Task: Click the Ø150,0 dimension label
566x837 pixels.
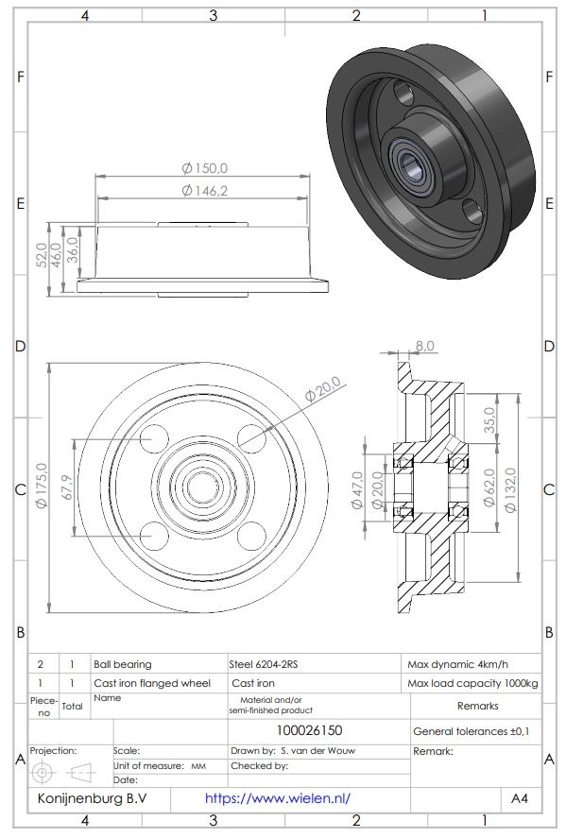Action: pos(205,168)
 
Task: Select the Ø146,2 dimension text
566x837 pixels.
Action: pos(205,191)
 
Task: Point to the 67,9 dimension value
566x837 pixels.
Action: pos(65,487)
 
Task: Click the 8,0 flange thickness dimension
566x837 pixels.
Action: pos(424,347)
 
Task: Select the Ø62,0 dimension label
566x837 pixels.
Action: pos(489,488)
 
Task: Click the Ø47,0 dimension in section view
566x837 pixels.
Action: pos(357,489)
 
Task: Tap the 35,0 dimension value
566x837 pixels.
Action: pos(489,418)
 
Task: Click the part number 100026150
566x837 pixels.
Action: pos(309,730)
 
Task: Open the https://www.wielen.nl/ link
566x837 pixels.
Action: pos(277,798)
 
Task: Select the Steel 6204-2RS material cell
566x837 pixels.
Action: pos(268,664)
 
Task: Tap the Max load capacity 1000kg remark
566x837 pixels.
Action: pos(472,683)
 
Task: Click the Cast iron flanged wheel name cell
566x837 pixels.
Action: pos(151,683)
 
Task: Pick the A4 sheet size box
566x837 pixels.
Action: pos(520,798)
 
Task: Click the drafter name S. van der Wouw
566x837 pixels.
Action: pos(318,751)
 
